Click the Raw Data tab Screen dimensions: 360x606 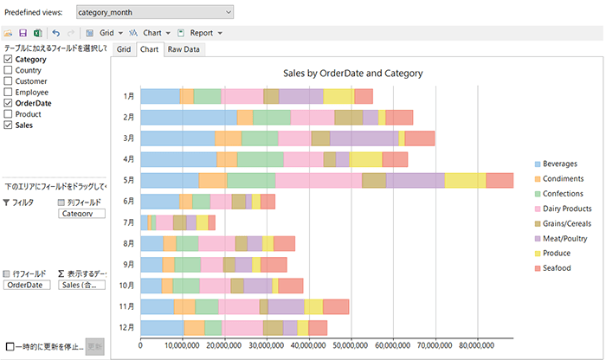pyautogui.click(x=184, y=49)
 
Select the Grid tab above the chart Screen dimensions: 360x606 pyautogui.click(x=124, y=49)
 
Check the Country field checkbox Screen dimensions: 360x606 pyautogui.click(x=9, y=71)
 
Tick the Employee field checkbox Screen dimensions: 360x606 pyautogui.click(x=9, y=92)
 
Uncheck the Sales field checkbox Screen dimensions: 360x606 pyautogui.click(x=9, y=125)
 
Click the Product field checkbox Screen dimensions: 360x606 pyautogui.click(x=9, y=114)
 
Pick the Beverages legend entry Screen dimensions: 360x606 pyautogui.click(x=567, y=163)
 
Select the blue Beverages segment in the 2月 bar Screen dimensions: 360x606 pyautogui.click(x=188, y=117)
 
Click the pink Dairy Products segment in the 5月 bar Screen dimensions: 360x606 pyautogui.click(x=318, y=180)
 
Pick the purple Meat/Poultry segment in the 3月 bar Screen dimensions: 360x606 pyautogui.click(x=364, y=138)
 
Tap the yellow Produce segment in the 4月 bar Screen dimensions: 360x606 pyautogui.click(x=365, y=159)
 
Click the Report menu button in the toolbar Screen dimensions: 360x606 pyautogui.click(x=206, y=33)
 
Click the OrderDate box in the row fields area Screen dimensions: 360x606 pyautogui.click(x=27, y=285)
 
